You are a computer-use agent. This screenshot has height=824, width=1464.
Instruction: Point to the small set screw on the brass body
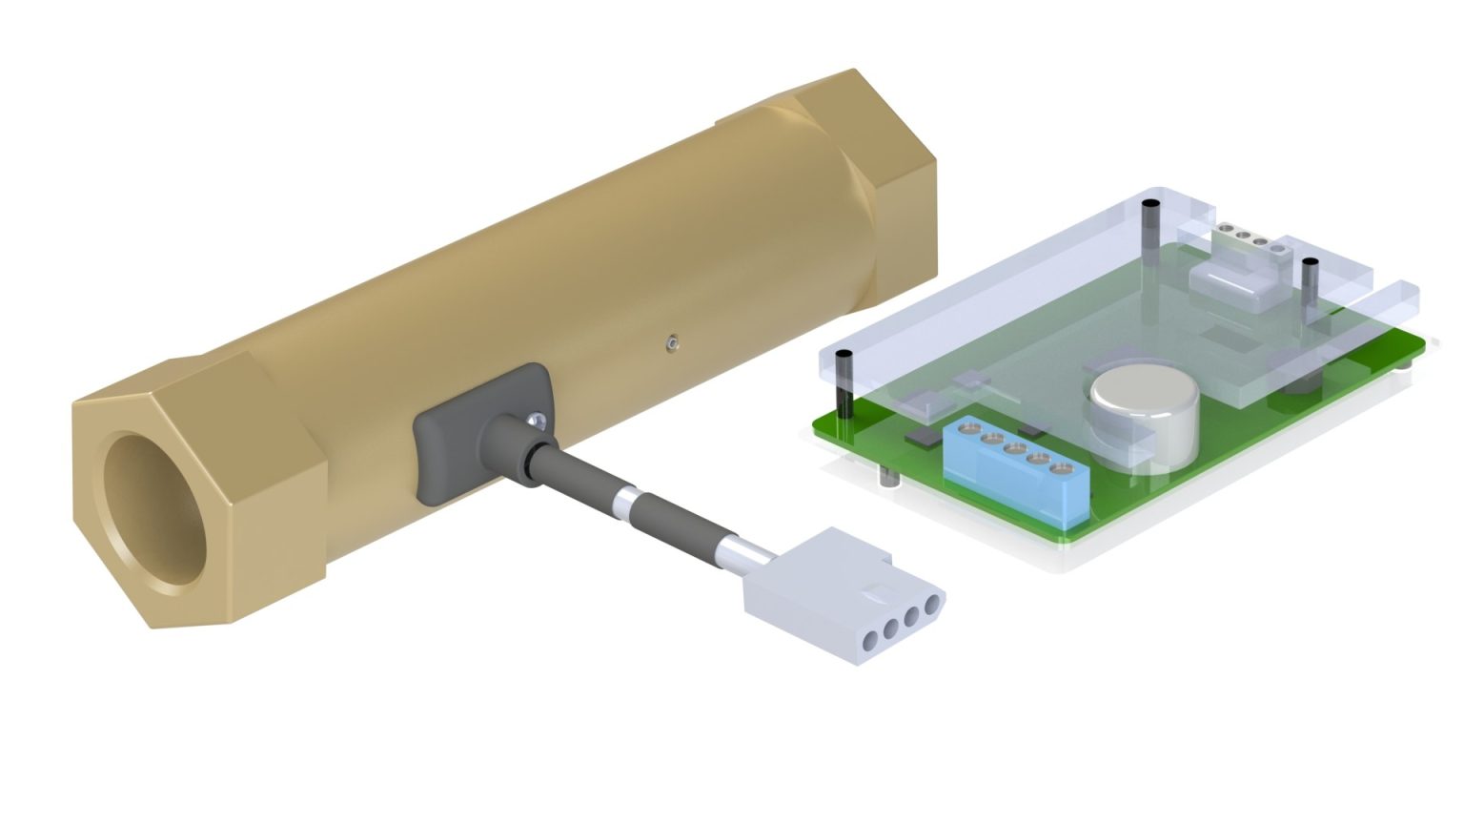(674, 340)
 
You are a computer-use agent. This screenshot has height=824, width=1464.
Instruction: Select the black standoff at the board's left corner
(844, 386)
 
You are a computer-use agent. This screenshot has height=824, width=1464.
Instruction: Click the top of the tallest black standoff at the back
(1151, 205)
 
